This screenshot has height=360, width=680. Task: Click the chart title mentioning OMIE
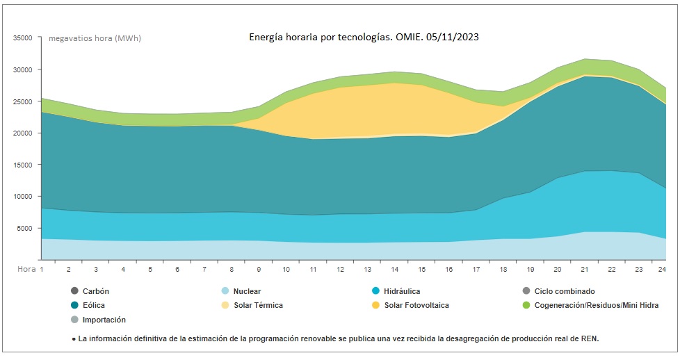[x=364, y=37]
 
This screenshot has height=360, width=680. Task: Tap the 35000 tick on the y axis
[x=23, y=38]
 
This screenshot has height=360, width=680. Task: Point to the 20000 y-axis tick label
[x=23, y=133]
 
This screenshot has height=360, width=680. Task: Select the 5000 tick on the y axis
[x=25, y=229]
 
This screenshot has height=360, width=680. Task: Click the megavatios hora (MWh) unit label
[x=95, y=38]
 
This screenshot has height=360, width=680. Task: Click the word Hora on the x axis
[x=26, y=269]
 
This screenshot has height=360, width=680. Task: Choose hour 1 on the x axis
[x=42, y=269]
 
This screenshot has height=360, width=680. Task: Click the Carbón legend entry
[x=95, y=291]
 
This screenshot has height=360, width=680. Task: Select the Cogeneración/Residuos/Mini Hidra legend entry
[x=590, y=305]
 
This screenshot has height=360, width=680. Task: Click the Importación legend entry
[x=104, y=320]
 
